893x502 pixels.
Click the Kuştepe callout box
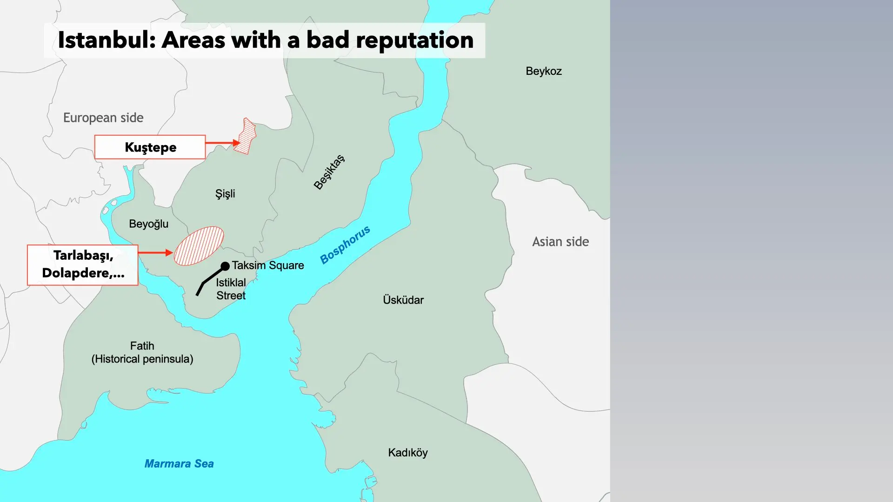coord(150,147)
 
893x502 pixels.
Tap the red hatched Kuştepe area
coord(246,137)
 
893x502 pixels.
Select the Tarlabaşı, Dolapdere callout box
coord(83,264)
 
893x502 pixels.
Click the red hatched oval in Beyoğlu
coord(199,246)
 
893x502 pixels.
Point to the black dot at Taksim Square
coord(225,266)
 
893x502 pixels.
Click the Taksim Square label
coord(268,265)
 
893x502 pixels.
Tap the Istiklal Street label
coord(231,289)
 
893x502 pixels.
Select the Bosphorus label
coord(345,245)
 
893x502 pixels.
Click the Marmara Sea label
coord(179,463)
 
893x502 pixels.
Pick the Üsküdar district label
coord(403,300)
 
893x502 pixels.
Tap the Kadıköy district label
coord(408,452)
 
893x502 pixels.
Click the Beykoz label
coord(544,71)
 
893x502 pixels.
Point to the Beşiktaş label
coord(329,172)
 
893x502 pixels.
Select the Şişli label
coord(225,193)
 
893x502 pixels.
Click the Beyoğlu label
coord(148,224)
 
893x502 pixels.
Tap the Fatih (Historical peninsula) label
coord(142,352)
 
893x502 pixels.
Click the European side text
coord(103,118)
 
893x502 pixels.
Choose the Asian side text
coord(560,242)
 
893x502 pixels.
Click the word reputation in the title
coord(414,40)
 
